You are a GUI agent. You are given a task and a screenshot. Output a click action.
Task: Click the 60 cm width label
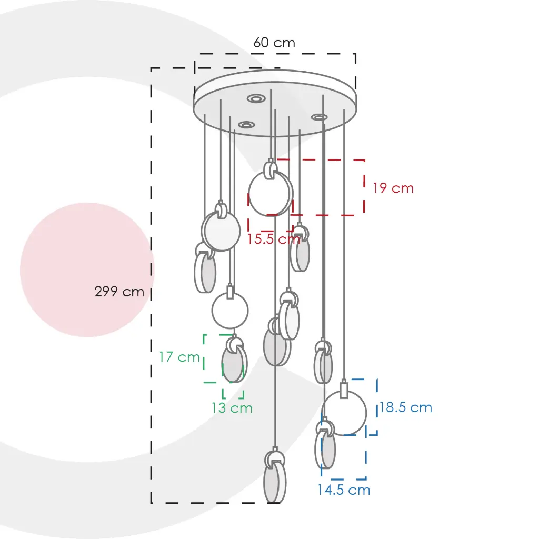274,43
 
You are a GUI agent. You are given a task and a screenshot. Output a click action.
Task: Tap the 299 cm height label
119,292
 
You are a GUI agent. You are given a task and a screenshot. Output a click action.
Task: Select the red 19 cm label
393,188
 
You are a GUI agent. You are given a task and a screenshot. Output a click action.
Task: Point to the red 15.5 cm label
274,238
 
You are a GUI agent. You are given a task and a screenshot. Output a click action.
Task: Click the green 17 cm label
179,357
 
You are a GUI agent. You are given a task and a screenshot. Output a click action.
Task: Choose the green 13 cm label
232,408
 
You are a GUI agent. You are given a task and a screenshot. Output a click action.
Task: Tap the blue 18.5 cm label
406,407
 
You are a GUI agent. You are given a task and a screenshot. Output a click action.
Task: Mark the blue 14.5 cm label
344,490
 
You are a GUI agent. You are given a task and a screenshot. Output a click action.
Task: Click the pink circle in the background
87,269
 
